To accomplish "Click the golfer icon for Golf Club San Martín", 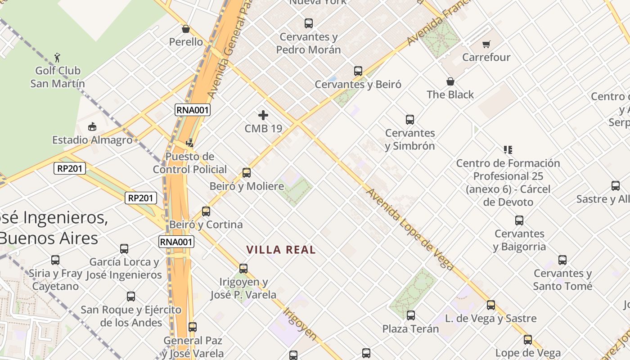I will [57, 57].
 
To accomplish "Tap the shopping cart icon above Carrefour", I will [486, 44].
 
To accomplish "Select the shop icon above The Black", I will [450, 81].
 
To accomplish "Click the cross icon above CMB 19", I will [263, 115].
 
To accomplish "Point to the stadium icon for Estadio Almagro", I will [92, 126].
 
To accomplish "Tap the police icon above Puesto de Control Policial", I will [189, 143].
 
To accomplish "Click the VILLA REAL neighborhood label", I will [281, 250].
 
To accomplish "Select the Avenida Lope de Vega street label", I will [409, 229].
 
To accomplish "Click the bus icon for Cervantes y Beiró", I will [358, 71].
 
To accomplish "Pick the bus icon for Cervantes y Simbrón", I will [410, 120].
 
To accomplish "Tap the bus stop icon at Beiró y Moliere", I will [247, 173].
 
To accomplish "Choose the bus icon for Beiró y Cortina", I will [206, 211].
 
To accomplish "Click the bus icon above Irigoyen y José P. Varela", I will [243, 269].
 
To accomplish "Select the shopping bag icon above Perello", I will [186, 29].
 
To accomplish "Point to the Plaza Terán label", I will [410, 329].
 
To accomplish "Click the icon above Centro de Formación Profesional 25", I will [508, 149].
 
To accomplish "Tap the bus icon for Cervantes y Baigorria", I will [519, 220].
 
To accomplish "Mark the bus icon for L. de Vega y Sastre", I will [491, 305].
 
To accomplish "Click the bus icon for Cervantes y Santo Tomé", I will [562, 260].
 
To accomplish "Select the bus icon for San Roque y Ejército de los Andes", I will [131, 297].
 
